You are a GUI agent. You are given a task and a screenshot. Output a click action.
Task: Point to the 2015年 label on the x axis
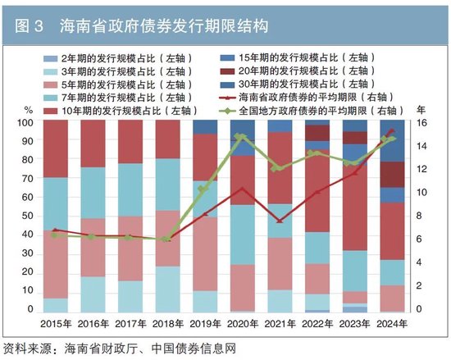(x=56, y=324)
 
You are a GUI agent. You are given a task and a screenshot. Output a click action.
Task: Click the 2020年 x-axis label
(x=241, y=324)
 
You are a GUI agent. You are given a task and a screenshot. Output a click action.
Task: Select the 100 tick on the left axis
(x=25, y=123)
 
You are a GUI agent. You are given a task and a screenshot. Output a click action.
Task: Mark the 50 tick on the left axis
(x=27, y=217)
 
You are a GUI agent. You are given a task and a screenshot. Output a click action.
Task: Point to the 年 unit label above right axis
(x=421, y=109)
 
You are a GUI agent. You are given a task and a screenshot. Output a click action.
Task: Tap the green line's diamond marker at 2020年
(x=240, y=137)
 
